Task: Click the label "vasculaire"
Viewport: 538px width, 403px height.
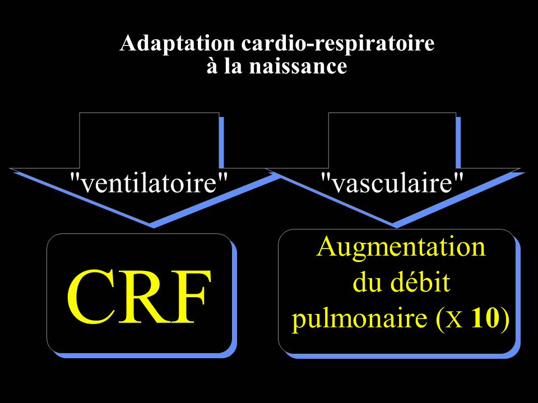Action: click(393, 182)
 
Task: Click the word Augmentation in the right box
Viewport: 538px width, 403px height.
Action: click(401, 246)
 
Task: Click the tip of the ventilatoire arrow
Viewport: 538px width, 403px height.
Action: click(152, 226)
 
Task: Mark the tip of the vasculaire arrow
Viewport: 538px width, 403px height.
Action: click(395, 226)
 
